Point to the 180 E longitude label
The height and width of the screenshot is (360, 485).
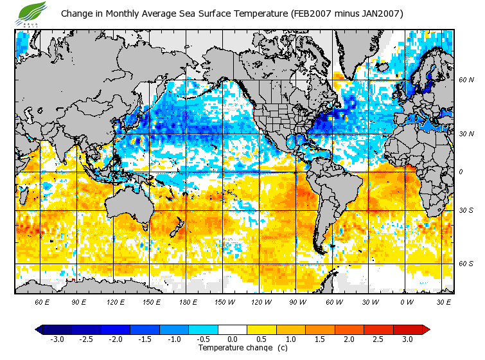[188, 302]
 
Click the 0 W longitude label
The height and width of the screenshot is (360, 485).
[407, 302]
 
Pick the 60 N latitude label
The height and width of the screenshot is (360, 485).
[467, 80]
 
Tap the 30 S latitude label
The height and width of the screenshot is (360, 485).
[467, 211]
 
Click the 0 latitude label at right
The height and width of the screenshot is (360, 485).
[461, 172]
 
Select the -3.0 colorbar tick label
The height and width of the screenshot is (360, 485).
[56, 339]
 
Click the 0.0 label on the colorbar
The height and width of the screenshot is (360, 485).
[233, 339]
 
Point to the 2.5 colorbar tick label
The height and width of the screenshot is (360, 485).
[378, 339]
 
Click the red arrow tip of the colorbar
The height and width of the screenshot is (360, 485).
[426, 329]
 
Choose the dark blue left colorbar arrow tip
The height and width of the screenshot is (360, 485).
[39, 329]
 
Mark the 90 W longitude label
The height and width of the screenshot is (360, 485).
[297, 302]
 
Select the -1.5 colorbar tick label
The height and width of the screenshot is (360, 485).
[144, 339]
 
